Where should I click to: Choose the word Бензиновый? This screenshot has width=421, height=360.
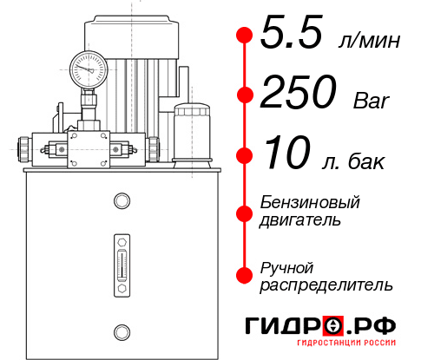(310, 202)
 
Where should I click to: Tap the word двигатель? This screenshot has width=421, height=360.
(300, 219)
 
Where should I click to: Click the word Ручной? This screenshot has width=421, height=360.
(286, 266)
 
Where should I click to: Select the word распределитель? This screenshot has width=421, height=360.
(326, 284)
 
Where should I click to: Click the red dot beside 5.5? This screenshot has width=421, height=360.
(244, 36)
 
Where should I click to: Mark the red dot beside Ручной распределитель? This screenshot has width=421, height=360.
(244, 274)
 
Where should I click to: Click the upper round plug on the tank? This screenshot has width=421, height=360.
(121, 202)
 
